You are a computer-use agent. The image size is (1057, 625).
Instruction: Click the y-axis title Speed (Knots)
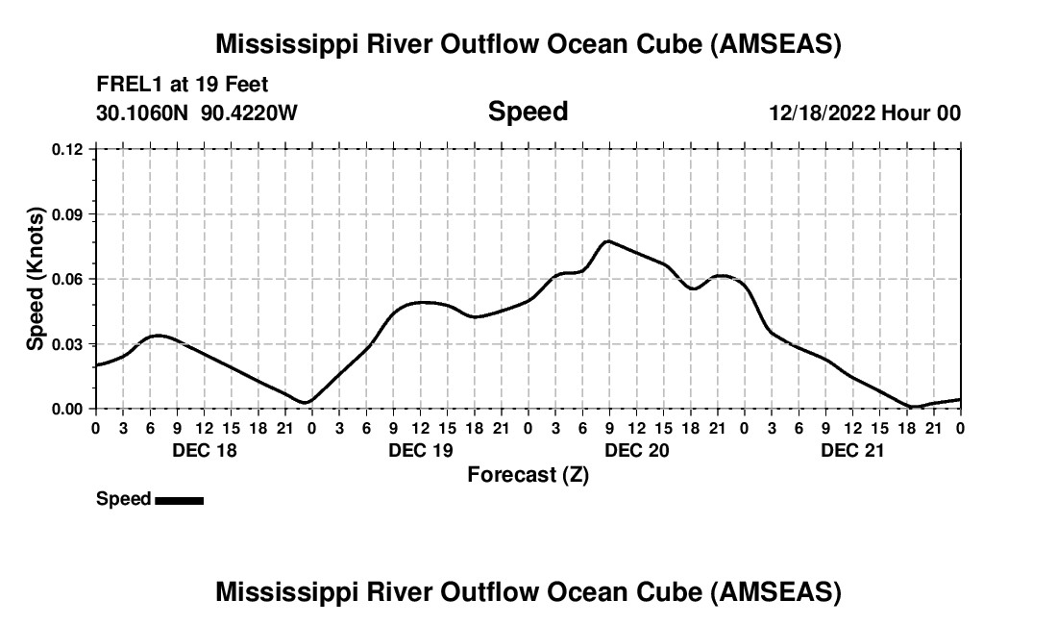pos(36,278)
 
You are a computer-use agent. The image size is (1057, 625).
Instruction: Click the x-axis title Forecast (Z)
pos(528,474)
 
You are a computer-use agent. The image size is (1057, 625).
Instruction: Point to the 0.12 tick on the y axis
pos(68,149)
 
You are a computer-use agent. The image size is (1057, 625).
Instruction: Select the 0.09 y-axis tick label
pos(68,214)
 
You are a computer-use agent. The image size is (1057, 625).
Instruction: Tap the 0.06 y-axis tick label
pos(68,279)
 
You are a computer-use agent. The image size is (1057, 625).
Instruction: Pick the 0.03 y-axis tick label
pos(68,344)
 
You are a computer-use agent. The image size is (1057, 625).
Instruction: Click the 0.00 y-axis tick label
pos(68,409)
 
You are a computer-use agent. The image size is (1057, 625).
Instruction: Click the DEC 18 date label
pos(204,450)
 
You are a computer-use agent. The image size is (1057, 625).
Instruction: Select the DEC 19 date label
pos(421,450)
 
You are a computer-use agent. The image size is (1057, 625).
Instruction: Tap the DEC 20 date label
pos(636,450)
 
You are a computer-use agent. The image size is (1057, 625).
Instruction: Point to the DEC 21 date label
pos(852,450)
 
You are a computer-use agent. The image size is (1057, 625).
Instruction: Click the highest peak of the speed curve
pos(607,241)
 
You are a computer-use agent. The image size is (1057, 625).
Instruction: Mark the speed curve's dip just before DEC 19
pos(305,402)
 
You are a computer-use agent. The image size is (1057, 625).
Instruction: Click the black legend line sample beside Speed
pos(179,500)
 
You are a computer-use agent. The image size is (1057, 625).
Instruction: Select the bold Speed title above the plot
pos(528,112)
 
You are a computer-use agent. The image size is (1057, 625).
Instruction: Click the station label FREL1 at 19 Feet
pos(182,84)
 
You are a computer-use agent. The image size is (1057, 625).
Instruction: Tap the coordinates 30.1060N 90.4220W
pos(197,112)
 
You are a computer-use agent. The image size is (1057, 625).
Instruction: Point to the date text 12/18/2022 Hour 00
pos(865,113)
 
